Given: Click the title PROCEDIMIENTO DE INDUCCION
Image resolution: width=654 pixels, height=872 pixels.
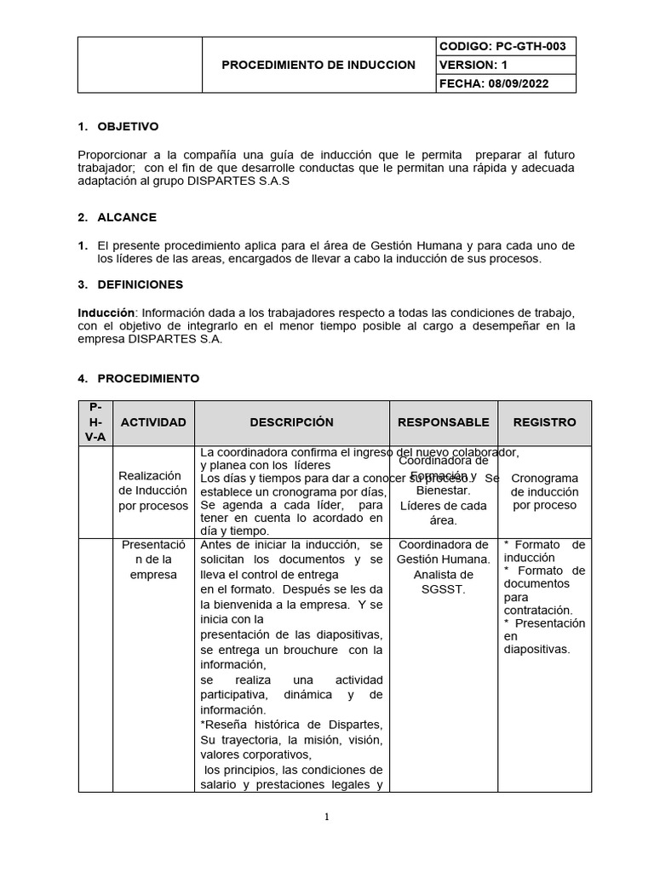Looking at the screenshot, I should [x=318, y=65].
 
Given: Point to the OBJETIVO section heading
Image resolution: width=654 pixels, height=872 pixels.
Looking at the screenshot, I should [x=128, y=127].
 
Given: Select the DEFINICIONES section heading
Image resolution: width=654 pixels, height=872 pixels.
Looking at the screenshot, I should [x=140, y=284].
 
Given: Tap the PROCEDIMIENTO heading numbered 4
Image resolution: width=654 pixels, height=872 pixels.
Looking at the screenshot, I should [x=148, y=378].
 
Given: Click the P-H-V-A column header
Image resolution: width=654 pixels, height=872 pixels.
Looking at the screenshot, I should [x=95, y=422].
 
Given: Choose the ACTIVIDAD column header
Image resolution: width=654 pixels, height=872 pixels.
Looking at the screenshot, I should [x=153, y=422].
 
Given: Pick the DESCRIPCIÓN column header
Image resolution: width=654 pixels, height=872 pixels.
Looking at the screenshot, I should [x=291, y=422].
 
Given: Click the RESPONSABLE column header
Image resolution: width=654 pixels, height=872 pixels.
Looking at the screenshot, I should [x=443, y=422].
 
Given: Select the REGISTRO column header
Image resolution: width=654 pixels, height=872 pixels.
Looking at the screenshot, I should [x=544, y=422].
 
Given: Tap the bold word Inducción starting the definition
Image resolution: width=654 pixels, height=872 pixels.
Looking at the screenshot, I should [x=105, y=313].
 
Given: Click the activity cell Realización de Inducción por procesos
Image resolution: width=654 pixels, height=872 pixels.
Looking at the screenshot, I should [x=153, y=490].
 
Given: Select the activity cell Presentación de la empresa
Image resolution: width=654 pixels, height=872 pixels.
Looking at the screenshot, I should [x=153, y=559].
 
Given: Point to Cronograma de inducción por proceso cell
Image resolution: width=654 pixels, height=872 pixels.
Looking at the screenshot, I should [x=544, y=491].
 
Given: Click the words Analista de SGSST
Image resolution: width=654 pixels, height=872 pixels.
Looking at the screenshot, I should [x=443, y=582].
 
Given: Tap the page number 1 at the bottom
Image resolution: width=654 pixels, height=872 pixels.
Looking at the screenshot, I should [x=326, y=817].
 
